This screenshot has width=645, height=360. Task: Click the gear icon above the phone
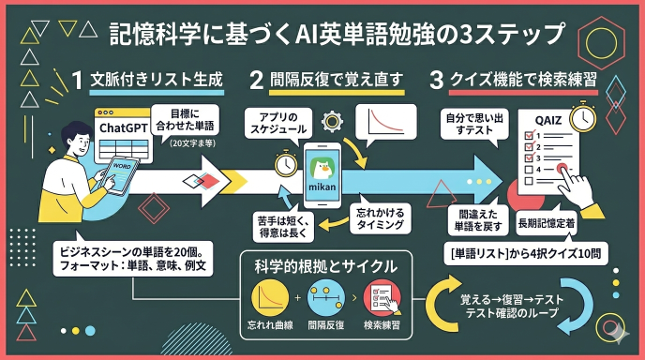click(330, 121)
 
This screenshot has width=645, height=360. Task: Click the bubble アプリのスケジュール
click(276, 123)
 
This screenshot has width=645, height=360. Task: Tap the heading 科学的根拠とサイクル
click(325, 265)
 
